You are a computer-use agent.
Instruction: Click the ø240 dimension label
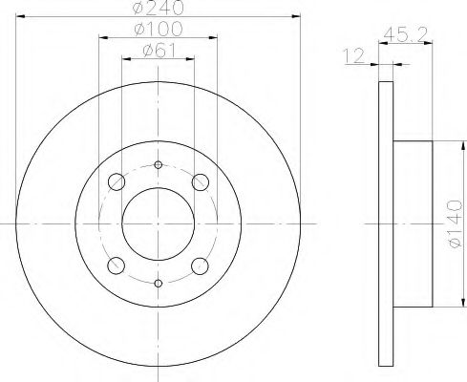(x=159, y=7)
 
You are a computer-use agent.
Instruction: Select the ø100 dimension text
(x=159, y=29)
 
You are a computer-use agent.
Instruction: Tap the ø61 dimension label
(x=159, y=51)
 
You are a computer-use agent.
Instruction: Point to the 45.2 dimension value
(x=405, y=34)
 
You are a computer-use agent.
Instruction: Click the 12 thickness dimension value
(x=353, y=55)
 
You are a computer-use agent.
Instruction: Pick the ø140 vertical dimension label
(x=455, y=223)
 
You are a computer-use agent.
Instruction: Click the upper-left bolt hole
(x=117, y=182)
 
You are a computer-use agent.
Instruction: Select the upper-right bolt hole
(x=201, y=182)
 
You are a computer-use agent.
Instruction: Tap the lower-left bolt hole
(x=117, y=265)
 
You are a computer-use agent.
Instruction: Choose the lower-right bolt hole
(x=201, y=265)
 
